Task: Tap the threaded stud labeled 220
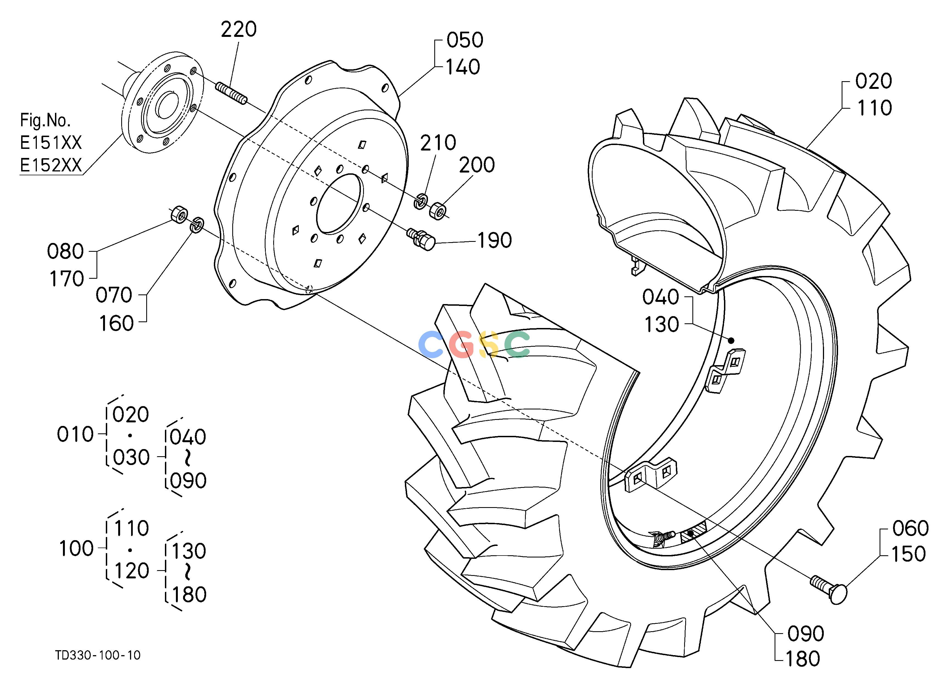coord(231,94)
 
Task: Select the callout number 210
coord(438,143)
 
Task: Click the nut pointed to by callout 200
coord(438,210)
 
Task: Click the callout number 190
coord(494,240)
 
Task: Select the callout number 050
coord(465,40)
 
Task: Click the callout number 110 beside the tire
coord(874,108)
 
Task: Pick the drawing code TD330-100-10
coord(98,655)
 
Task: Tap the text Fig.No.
coord(45,121)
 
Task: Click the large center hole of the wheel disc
coord(340,203)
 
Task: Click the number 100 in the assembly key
coord(76,548)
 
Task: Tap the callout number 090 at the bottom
coord(805,634)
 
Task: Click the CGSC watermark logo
coord(474,344)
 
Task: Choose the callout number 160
coord(116,323)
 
